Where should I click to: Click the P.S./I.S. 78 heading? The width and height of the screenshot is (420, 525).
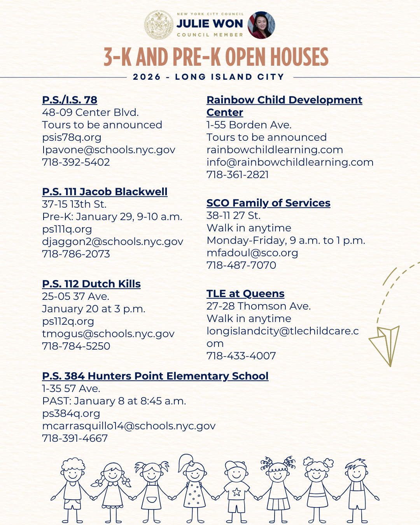(x=70, y=100)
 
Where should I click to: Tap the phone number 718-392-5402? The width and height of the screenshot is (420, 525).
(x=76, y=162)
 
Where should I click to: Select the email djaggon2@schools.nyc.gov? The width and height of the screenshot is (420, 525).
(x=112, y=241)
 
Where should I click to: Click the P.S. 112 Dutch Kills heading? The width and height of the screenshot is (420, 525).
(x=91, y=284)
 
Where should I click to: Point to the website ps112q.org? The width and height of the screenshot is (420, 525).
(x=68, y=321)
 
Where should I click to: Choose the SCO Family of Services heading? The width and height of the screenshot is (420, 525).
(x=268, y=203)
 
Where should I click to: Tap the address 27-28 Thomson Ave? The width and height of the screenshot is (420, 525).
(x=259, y=306)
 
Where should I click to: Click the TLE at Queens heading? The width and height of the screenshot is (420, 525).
(x=245, y=294)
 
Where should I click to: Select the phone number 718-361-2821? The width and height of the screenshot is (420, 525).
(x=238, y=175)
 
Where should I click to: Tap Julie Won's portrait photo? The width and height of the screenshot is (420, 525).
(x=261, y=25)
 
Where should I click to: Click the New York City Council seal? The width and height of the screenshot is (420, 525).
(x=159, y=25)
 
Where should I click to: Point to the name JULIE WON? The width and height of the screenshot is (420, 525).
(x=210, y=24)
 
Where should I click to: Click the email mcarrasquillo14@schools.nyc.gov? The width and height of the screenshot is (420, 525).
(x=129, y=426)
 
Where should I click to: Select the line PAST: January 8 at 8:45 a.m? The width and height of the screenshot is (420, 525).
(x=114, y=401)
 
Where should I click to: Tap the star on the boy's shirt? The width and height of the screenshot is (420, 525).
(x=236, y=492)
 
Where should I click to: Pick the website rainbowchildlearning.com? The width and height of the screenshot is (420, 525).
(x=275, y=150)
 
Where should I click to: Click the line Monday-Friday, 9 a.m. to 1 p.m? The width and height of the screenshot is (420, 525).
(x=286, y=240)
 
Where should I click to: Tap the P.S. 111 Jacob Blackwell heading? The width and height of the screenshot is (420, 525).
(x=105, y=192)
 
